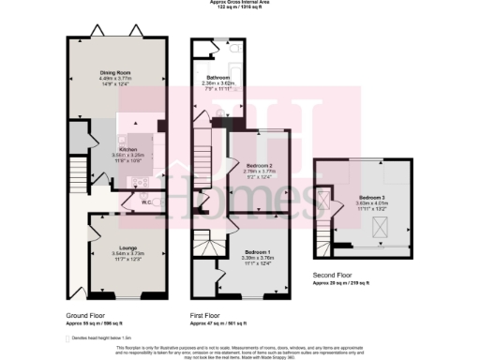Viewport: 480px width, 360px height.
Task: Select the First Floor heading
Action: point(208,313)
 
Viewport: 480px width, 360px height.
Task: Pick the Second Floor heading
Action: point(333,275)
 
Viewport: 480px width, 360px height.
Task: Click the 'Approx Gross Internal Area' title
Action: point(240,3)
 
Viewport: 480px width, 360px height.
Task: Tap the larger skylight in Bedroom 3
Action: point(381,224)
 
